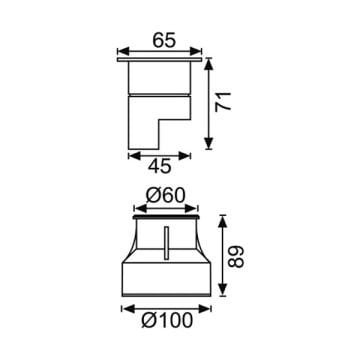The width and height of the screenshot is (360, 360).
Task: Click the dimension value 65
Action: point(164,41)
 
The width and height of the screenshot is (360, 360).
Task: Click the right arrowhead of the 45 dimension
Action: point(189,154)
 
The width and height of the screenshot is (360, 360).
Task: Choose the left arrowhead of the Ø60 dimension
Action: point(136,208)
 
